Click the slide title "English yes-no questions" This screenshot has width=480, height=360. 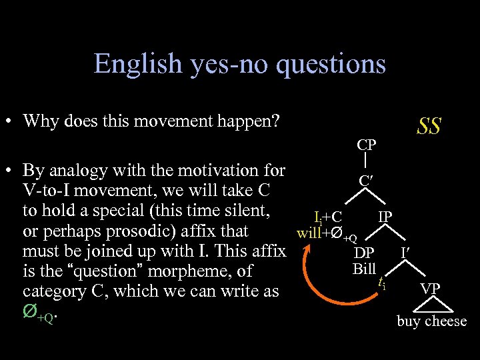(x=240, y=63)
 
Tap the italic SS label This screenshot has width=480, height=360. (x=429, y=125)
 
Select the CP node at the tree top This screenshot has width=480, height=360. (x=366, y=144)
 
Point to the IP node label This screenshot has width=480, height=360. (x=385, y=217)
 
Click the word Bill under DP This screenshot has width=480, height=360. (x=364, y=269)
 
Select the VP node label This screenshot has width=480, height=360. (x=429, y=289)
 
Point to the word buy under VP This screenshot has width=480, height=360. (x=409, y=322)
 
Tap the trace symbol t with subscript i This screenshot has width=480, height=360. (x=381, y=282)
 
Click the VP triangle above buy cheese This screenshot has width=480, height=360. (x=429, y=305)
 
